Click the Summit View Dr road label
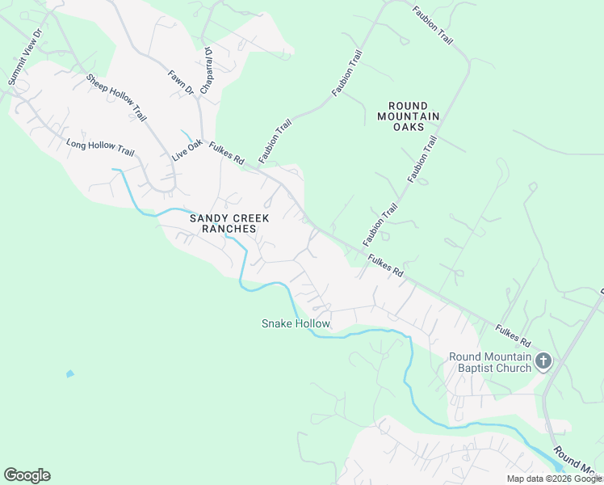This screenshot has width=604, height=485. (x=23, y=57)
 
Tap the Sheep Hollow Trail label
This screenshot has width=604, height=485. (x=116, y=99)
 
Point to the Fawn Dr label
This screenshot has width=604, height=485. (x=181, y=82)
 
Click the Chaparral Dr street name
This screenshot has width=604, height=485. (x=206, y=70)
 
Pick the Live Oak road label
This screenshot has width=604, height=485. (x=187, y=150)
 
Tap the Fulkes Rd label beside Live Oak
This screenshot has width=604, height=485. (x=226, y=154)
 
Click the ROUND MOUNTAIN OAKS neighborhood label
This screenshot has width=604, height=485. (x=409, y=116)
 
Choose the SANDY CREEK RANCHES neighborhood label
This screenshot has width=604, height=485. (x=223, y=223)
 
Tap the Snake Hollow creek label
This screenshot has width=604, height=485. (x=296, y=323)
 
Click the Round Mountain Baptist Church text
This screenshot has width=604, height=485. (x=490, y=362)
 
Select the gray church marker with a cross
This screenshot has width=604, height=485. (x=543, y=361)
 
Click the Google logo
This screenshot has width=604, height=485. (x=27, y=475)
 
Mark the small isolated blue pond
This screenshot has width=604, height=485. (x=69, y=373)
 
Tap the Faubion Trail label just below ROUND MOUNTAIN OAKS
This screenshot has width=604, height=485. (x=422, y=158)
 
